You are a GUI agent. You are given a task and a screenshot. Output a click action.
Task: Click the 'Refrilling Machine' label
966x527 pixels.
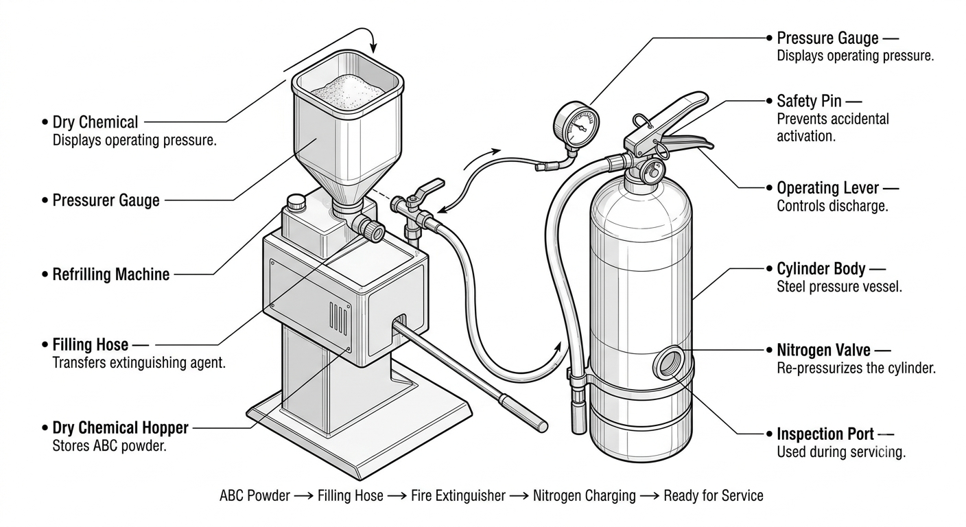(x=111, y=274)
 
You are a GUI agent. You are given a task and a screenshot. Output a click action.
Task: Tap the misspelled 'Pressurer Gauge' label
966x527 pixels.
(x=106, y=200)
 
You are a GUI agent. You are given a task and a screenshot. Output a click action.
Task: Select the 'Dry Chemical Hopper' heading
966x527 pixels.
(x=120, y=428)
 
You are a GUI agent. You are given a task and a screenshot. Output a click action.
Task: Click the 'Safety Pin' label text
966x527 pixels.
(x=809, y=102)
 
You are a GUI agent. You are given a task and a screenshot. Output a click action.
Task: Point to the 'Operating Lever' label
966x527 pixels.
(x=827, y=189)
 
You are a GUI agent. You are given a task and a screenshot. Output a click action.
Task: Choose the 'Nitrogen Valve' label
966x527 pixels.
(x=823, y=350)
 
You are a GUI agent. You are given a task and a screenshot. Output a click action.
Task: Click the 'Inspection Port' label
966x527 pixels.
(x=825, y=434)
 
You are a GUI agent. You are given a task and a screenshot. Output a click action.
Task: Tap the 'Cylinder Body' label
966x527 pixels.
(x=821, y=269)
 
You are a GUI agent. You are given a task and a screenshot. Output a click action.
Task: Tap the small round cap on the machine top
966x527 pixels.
(x=296, y=202)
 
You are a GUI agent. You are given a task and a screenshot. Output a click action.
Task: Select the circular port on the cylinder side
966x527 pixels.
(x=669, y=362)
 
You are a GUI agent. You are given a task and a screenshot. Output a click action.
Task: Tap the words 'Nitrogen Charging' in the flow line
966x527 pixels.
(x=585, y=496)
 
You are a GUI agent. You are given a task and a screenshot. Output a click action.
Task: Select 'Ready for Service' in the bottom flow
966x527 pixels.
(x=714, y=496)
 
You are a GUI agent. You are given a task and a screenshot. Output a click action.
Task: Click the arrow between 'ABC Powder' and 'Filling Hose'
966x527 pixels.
(x=304, y=496)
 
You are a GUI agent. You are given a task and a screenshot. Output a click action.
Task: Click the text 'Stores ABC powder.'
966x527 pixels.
(x=110, y=446)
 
